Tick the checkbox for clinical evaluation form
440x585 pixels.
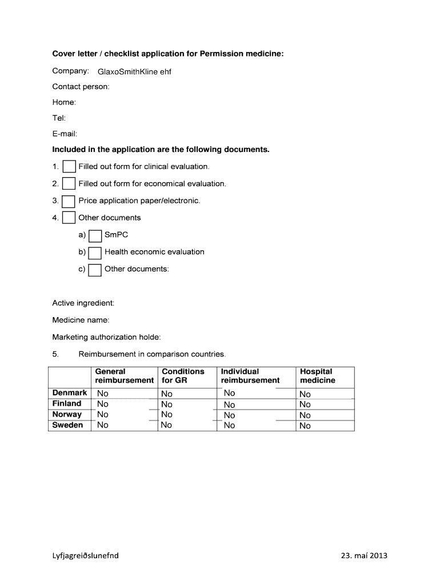tap(69, 167)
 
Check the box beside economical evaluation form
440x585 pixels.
tap(69, 184)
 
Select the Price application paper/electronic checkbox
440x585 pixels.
tap(69, 201)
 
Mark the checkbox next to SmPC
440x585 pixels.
tap(95, 235)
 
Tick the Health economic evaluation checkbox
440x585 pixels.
tap(95, 253)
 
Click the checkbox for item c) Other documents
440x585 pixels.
tap(95, 270)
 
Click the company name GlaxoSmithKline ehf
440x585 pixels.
tap(134, 72)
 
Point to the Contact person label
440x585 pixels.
tap(81, 87)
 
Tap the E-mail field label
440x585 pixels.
tap(65, 134)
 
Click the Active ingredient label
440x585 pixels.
tap(83, 303)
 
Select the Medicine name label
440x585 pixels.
tap(81, 320)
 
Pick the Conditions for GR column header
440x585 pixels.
tap(183, 376)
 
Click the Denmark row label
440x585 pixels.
tap(70, 393)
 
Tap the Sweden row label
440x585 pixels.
tap(67, 425)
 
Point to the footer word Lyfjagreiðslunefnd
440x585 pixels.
tap(86, 555)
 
